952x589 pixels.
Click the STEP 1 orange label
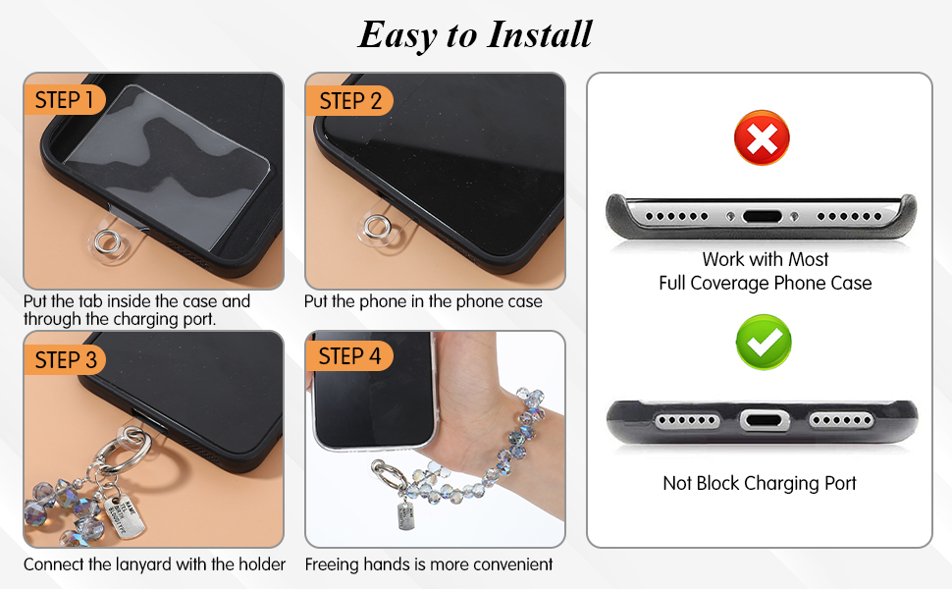65,100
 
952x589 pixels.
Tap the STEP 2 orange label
349,101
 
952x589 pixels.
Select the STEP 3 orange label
65,360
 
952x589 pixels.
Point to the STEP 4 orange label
349,355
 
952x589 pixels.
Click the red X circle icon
762,137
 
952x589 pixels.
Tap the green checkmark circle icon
764,342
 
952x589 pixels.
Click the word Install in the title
540,34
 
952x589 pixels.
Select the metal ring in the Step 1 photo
108,241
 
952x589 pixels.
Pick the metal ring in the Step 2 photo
377,227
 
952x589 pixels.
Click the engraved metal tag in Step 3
125,516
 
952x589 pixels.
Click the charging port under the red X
762,216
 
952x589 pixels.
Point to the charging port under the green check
765,420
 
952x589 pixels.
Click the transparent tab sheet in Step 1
167,167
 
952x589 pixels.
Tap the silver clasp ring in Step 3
126,452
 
